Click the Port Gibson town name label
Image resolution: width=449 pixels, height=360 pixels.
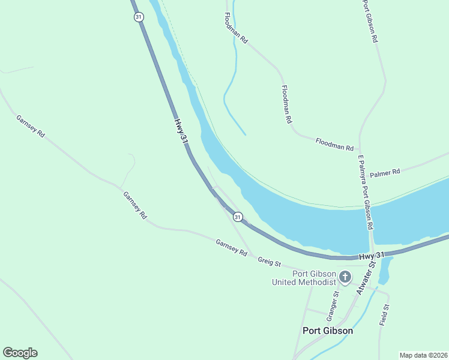[x=327, y=331]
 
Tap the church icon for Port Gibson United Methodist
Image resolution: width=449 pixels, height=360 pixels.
[x=345, y=277]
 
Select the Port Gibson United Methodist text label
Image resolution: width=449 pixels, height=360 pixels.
[x=305, y=278]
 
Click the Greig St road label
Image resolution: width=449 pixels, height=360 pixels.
[x=270, y=262]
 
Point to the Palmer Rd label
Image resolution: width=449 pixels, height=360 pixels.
[x=385, y=173]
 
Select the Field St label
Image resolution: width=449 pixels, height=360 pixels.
[x=384, y=315]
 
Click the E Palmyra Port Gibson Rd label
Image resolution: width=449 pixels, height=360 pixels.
[x=366, y=193]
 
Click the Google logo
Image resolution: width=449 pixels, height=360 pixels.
[x=20, y=353]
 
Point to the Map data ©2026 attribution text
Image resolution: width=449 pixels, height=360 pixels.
[x=423, y=355]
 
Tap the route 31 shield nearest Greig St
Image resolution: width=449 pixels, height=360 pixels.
[x=238, y=217]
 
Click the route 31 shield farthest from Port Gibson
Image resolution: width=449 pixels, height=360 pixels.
[x=139, y=17]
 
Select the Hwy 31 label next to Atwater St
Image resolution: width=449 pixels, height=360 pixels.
[x=371, y=256]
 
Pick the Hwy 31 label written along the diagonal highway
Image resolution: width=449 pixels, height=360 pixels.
[x=181, y=130]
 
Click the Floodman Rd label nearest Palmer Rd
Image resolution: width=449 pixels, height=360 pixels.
[x=334, y=143]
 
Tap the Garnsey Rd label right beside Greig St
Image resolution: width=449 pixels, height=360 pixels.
[x=231, y=248]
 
